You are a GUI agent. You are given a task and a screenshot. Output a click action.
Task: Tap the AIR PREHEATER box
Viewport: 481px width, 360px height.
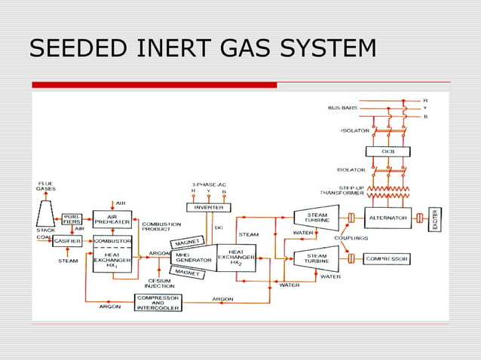point(112,218)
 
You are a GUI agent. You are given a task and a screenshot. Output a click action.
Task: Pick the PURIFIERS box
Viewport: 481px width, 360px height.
point(72,218)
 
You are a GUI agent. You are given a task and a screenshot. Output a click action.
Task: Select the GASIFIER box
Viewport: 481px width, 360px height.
point(68,241)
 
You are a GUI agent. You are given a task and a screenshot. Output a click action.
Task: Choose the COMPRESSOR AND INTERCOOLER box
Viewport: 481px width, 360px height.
point(158,302)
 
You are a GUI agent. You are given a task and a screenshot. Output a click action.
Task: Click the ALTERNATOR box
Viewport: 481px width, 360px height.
point(388,218)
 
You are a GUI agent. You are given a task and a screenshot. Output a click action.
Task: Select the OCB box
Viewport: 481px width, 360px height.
point(388,151)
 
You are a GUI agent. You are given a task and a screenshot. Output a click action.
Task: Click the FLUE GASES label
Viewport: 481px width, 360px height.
point(47,186)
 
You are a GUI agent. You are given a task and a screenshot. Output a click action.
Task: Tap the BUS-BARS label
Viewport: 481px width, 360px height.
point(343,108)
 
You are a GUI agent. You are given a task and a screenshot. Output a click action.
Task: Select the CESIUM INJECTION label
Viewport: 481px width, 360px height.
point(158,282)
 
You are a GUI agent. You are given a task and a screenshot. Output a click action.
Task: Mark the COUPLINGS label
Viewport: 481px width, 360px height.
point(351,238)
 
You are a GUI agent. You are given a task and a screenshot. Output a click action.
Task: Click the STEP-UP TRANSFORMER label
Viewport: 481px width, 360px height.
point(337,189)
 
